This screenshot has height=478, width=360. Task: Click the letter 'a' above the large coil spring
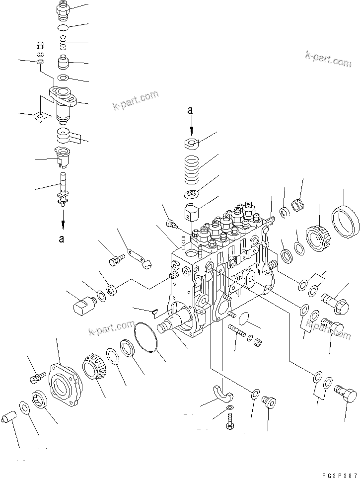click(190, 111)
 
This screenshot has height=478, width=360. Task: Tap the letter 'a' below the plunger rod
click(62, 239)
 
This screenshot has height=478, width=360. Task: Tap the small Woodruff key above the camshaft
click(154, 312)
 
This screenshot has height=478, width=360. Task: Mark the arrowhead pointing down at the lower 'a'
click(63, 218)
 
